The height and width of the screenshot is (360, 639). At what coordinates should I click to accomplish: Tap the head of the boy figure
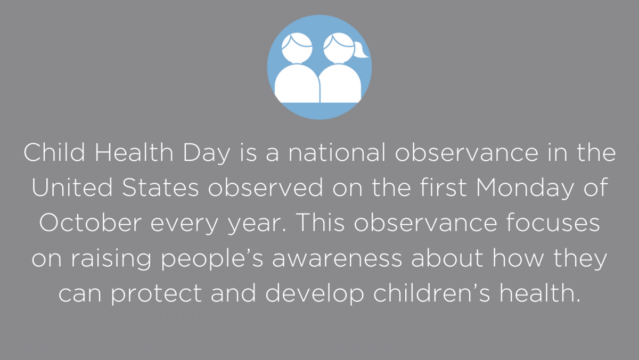[x=297, y=48]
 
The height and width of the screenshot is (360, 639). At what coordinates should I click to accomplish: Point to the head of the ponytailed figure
[x=339, y=48]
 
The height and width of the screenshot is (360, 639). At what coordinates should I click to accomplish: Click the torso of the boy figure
[x=297, y=84]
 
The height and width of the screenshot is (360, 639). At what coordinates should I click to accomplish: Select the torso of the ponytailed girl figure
[x=340, y=84]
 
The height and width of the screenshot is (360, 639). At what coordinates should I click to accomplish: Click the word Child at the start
[x=54, y=152]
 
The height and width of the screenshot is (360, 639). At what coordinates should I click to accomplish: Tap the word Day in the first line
[x=206, y=153]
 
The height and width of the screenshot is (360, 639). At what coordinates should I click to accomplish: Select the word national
[x=337, y=152]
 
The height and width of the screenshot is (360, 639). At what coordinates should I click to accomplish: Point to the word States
[x=160, y=187]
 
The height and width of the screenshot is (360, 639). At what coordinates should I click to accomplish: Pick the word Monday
[x=525, y=189]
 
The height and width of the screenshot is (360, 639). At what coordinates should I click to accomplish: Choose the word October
[x=91, y=223]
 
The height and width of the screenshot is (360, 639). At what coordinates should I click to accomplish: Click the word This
[x=321, y=223]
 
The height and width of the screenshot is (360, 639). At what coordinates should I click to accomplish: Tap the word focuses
[x=553, y=223]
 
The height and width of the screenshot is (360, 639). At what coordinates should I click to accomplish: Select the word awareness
[x=337, y=259]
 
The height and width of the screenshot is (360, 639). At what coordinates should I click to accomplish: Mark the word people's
[x=212, y=259]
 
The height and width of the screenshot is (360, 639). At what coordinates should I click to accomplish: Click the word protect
[x=157, y=294]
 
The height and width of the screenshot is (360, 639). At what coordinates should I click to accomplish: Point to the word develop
[x=315, y=294]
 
